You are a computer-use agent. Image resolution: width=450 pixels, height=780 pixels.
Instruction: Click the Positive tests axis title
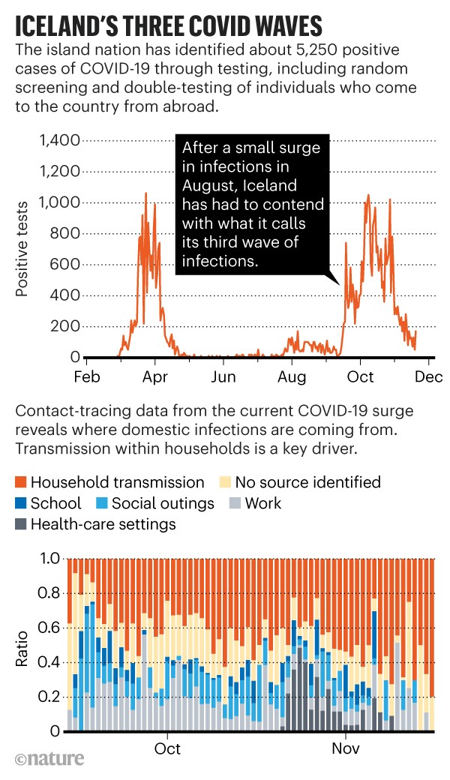pos(23,248)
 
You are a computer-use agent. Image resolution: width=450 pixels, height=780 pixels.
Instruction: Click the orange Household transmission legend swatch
pos(20,482)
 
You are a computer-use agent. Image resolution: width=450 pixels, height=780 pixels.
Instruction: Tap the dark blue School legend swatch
pos(20,503)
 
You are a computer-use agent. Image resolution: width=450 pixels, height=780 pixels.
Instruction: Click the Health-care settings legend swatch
pos(20,524)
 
